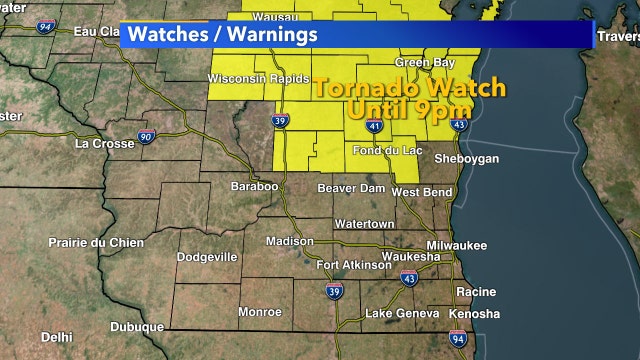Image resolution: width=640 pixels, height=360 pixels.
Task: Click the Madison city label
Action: (289, 241)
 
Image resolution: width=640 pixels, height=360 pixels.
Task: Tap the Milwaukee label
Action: (456, 245)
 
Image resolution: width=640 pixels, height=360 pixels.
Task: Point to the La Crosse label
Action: (103, 143)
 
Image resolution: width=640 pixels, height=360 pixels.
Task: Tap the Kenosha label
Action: (474, 314)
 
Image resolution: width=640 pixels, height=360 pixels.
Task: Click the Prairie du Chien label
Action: (96, 243)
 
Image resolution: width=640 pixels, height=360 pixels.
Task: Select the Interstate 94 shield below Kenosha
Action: (457, 340)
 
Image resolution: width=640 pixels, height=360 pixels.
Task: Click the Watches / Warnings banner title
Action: (223, 33)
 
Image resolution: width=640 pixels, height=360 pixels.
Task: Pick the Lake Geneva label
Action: (398, 314)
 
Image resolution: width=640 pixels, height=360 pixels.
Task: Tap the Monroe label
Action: (259, 311)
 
